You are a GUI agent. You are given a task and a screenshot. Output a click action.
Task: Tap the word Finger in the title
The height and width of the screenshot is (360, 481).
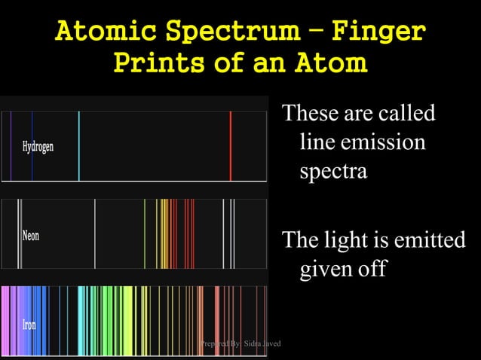click(x=381, y=32)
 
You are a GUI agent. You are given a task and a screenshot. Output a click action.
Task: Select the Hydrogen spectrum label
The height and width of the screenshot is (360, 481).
click(x=38, y=146)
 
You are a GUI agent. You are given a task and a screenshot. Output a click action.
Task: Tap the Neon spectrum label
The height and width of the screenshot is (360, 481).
click(x=30, y=236)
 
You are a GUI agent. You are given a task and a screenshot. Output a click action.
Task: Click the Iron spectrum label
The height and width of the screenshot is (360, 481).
click(x=29, y=326)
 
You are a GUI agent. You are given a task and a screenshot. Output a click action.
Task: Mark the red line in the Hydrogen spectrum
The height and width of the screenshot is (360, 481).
click(x=231, y=146)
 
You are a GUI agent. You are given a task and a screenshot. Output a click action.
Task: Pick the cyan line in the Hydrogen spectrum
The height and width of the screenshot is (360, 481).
click(x=78, y=146)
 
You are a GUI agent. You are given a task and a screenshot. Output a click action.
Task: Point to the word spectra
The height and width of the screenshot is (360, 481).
click(x=333, y=171)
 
